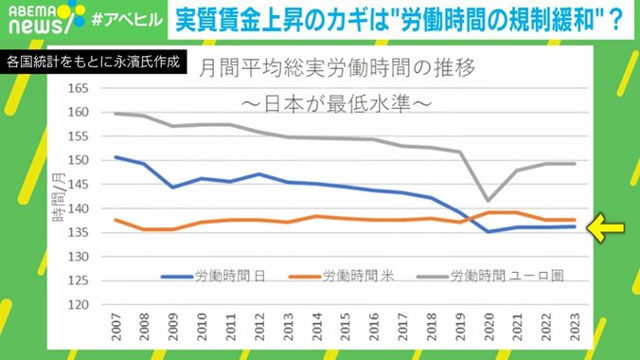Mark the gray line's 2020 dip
coord(487,200)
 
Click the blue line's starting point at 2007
coord(115,157)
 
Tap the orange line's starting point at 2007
coord(115,220)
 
